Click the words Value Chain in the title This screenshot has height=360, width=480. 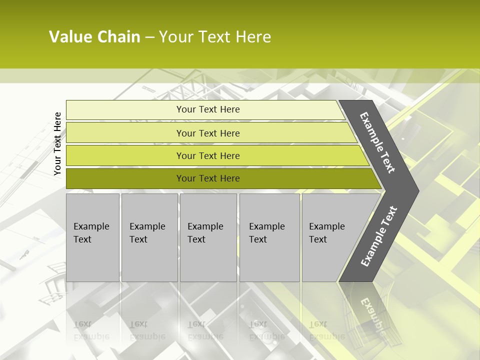94,37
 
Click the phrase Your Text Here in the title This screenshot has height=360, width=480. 215,37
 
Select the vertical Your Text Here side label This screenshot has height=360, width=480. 57,143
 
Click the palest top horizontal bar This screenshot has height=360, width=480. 125,110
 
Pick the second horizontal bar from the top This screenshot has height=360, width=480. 125,133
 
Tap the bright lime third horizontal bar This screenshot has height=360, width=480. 125,155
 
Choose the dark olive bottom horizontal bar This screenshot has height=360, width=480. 125,178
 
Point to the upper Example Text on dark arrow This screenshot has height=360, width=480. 377,142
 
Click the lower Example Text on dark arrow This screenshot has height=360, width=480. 379,236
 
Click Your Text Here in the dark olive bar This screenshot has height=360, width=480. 208,178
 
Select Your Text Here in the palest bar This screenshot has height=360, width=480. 208,109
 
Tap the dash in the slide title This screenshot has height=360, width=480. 149,37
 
